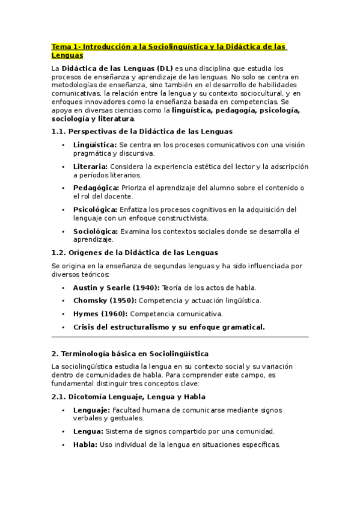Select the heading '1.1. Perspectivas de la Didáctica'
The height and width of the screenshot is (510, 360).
pyautogui.click(x=142, y=131)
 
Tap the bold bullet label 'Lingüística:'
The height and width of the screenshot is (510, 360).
pyautogui.click(x=95, y=145)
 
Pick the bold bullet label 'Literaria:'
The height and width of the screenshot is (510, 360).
pyautogui.click(x=90, y=167)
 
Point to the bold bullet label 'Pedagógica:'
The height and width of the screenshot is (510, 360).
pyautogui.click(x=95, y=188)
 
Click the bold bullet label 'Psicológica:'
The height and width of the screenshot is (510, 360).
pyautogui.click(x=95, y=209)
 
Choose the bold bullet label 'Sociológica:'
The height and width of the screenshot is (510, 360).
pyautogui.click(x=96, y=231)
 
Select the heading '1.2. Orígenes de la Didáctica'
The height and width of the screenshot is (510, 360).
pyautogui.click(x=135, y=253)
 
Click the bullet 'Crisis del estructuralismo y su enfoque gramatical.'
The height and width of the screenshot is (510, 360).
pyautogui.click(x=169, y=327)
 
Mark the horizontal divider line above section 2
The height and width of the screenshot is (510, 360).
pyautogui.click(x=180, y=337)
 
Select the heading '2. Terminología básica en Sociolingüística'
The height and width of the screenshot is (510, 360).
pyautogui.click(x=130, y=354)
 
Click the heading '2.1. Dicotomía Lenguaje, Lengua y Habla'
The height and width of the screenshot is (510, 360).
pyautogui.click(x=129, y=397)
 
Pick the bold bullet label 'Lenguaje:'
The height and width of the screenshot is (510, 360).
pyautogui.click(x=91, y=410)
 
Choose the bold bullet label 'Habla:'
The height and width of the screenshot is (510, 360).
pyautogui.click(x=85, y=444)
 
